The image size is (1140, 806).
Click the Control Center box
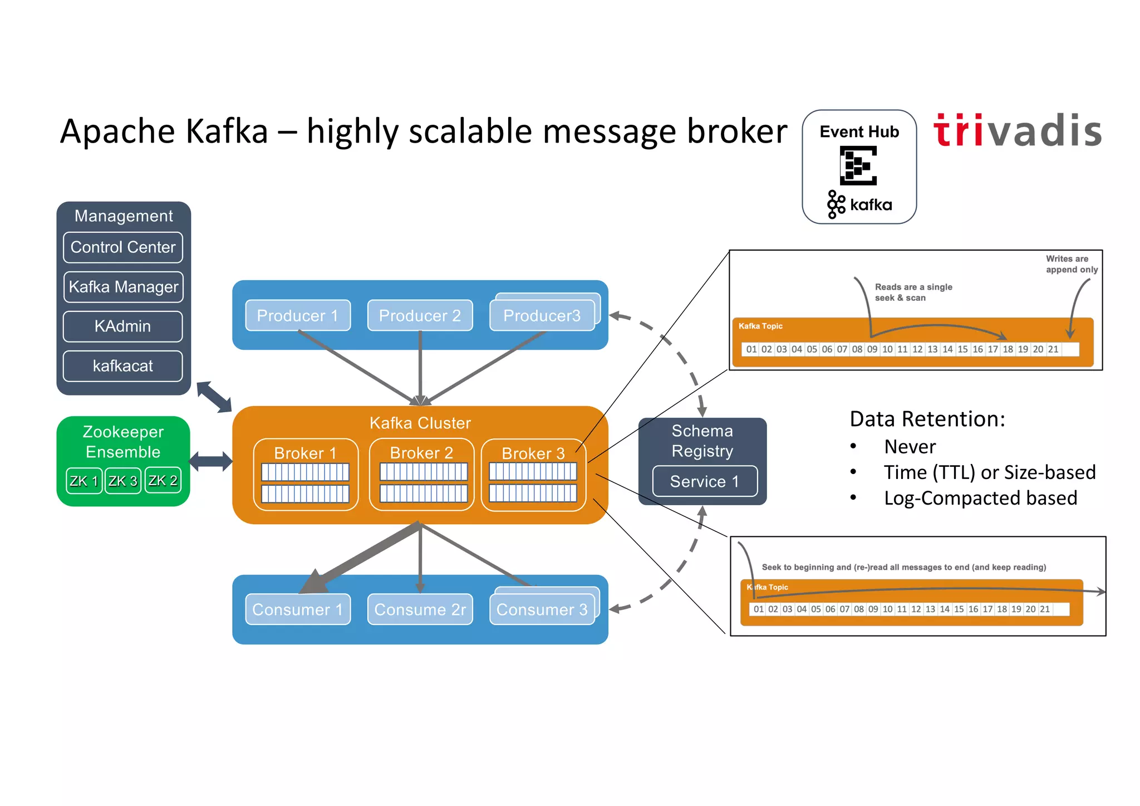123,247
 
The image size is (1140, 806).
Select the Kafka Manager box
123,287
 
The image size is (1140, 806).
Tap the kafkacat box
123,366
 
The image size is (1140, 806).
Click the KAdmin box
123,326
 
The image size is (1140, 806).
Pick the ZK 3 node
122,481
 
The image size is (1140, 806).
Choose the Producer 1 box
298,316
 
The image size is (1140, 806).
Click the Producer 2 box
420,316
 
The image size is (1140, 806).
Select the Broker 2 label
421,453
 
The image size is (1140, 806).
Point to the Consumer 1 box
298,609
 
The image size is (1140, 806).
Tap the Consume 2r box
420,609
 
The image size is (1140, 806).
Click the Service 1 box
705,481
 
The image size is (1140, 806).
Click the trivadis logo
1018,131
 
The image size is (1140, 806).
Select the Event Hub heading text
859,132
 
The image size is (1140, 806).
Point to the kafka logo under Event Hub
860,204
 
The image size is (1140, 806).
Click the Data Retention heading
927,419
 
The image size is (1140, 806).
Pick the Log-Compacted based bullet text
980,498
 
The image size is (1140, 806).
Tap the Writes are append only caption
1071,264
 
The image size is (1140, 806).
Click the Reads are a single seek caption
913,292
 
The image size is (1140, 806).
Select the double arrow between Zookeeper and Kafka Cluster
210,461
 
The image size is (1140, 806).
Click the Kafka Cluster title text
420,423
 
